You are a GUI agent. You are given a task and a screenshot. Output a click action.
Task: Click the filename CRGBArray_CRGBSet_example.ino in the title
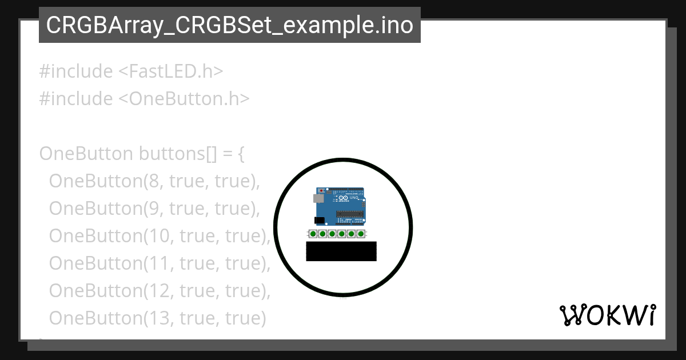[x=229, y=25]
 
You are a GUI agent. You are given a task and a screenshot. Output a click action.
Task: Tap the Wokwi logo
[x=607, y=315]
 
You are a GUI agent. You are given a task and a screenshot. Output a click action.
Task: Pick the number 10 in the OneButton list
[x=157, y=236]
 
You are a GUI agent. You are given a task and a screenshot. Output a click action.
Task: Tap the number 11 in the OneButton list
[x=157, y=263]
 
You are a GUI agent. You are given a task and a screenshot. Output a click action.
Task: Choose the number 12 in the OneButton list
[x=157, y=291]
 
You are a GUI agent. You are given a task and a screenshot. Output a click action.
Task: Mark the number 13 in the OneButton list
[x=157, y=318]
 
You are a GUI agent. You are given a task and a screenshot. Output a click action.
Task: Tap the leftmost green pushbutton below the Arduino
[x=313, y=234]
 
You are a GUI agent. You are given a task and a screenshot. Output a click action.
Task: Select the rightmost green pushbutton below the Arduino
[x=361, y=234]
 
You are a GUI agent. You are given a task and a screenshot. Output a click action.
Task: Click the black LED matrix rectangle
[x=341, y=251]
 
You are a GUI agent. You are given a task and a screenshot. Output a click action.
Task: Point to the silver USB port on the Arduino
[x=317, y=198]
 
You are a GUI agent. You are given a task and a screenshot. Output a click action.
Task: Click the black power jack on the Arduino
[x=320, y=220]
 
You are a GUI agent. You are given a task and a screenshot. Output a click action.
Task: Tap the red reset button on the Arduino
[x=321, y=190]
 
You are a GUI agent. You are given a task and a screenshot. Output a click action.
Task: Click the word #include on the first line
[x=76, y=71]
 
